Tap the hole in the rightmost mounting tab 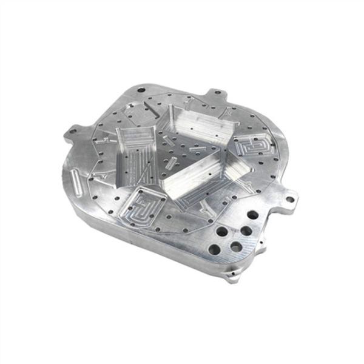pyautogui.click(x=291, y=197)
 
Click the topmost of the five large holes pyautogui.click(x=251, y=214)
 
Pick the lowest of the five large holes pyautogui.click(x=214, y=249)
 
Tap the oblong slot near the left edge pyautogui.click(x=76, y=179)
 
